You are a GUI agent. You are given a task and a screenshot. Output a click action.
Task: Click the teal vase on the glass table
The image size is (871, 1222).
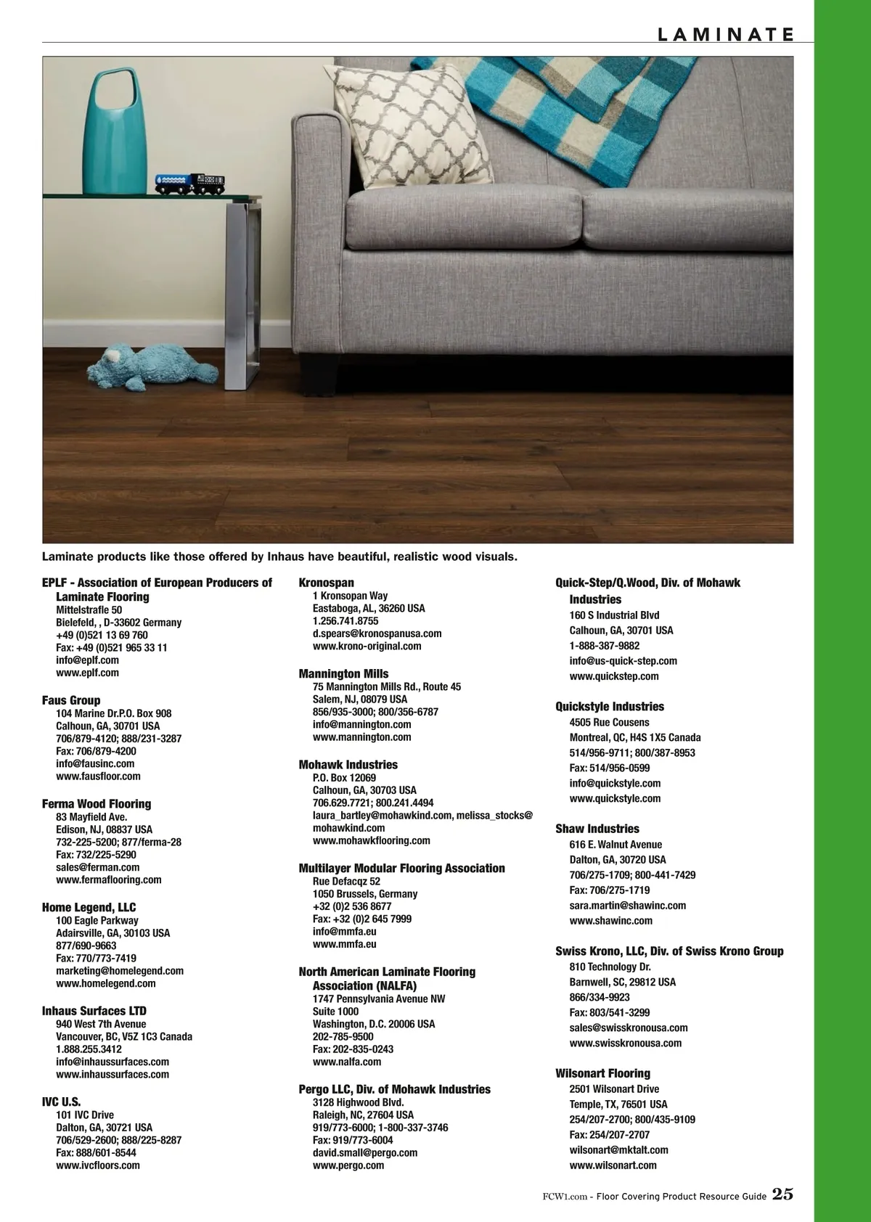pyautogui.click(x=115, y=138)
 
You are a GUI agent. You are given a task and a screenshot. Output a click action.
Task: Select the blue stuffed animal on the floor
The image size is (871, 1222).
pyautogui.click(x=148, y=365)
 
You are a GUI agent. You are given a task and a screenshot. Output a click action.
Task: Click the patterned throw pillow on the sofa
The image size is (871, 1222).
pyautogui.click(x=411, y=127)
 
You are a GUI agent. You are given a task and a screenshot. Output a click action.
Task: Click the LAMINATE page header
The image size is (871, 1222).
pyautogui.click(x=725, y=34)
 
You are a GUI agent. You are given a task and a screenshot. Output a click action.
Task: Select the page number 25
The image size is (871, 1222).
pyautogui.click(x=782, y=1194)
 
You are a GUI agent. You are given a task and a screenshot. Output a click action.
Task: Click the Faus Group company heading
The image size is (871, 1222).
pyautogui.click(x=71, y=700)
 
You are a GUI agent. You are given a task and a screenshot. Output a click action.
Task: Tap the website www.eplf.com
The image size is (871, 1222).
pyautogui.click(x=87, y=673)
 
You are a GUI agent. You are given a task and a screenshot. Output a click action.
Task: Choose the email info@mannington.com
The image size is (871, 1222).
pyautogui.click(x=361, y=724)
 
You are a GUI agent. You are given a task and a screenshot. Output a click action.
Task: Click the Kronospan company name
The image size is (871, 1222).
pyautogui.click(x=327, y=583)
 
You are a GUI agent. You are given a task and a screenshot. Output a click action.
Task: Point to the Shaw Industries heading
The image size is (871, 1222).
pyautogui.click(x=597, y=829)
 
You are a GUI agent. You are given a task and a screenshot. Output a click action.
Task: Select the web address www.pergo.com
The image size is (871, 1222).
pyautogui.click(x=348, y=1165)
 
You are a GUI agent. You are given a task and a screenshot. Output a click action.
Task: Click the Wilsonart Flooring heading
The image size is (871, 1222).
pyautogui.click(x=602, y=1073)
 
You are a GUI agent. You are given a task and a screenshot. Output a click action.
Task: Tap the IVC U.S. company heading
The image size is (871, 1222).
pyautogui.click(x=62, y=1102)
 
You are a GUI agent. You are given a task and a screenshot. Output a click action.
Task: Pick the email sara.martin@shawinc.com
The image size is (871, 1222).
pyautogui.click(x=627, y=906)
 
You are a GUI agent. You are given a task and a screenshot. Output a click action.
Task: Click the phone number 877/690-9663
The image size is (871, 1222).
pyautogui.click(x=86, y=946)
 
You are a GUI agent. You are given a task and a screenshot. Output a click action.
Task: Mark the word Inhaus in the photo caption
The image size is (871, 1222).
pyautogui.click(x=285, y=557)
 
